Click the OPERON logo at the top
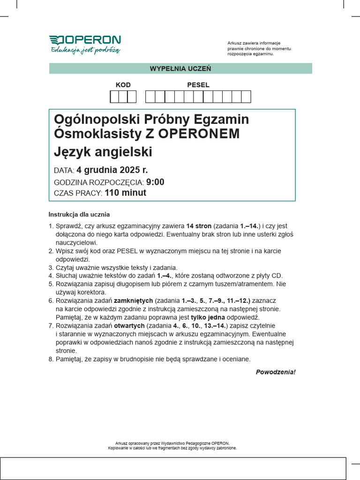pyautogui.click(x=85, y=40)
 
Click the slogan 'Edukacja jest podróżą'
pyautogui.click(x=85, y=50)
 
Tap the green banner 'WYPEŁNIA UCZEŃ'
pyautogui.click(x=180, y=68)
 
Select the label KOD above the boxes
pyautogui.click(x=123, y=85)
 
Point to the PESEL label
pyautogui.click(x=198, y=85)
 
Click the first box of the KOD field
pyautogui.click(x=114, y=97)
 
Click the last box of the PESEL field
pyautogui.click(x=246, y=97)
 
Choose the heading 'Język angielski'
pyautogui.click(x=103, y=152)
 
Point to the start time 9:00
pyautogui.click(x=155, y=182)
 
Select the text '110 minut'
pyautogui.click(x=126, y=193)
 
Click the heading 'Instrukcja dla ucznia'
pyautogui.click(x=79, y=214)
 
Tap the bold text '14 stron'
pyautogui.click(x=199, y=225)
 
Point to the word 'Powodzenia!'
pyautogui.click(x=276, y=372)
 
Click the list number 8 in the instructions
pyautogui.click(x=51, y=359)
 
